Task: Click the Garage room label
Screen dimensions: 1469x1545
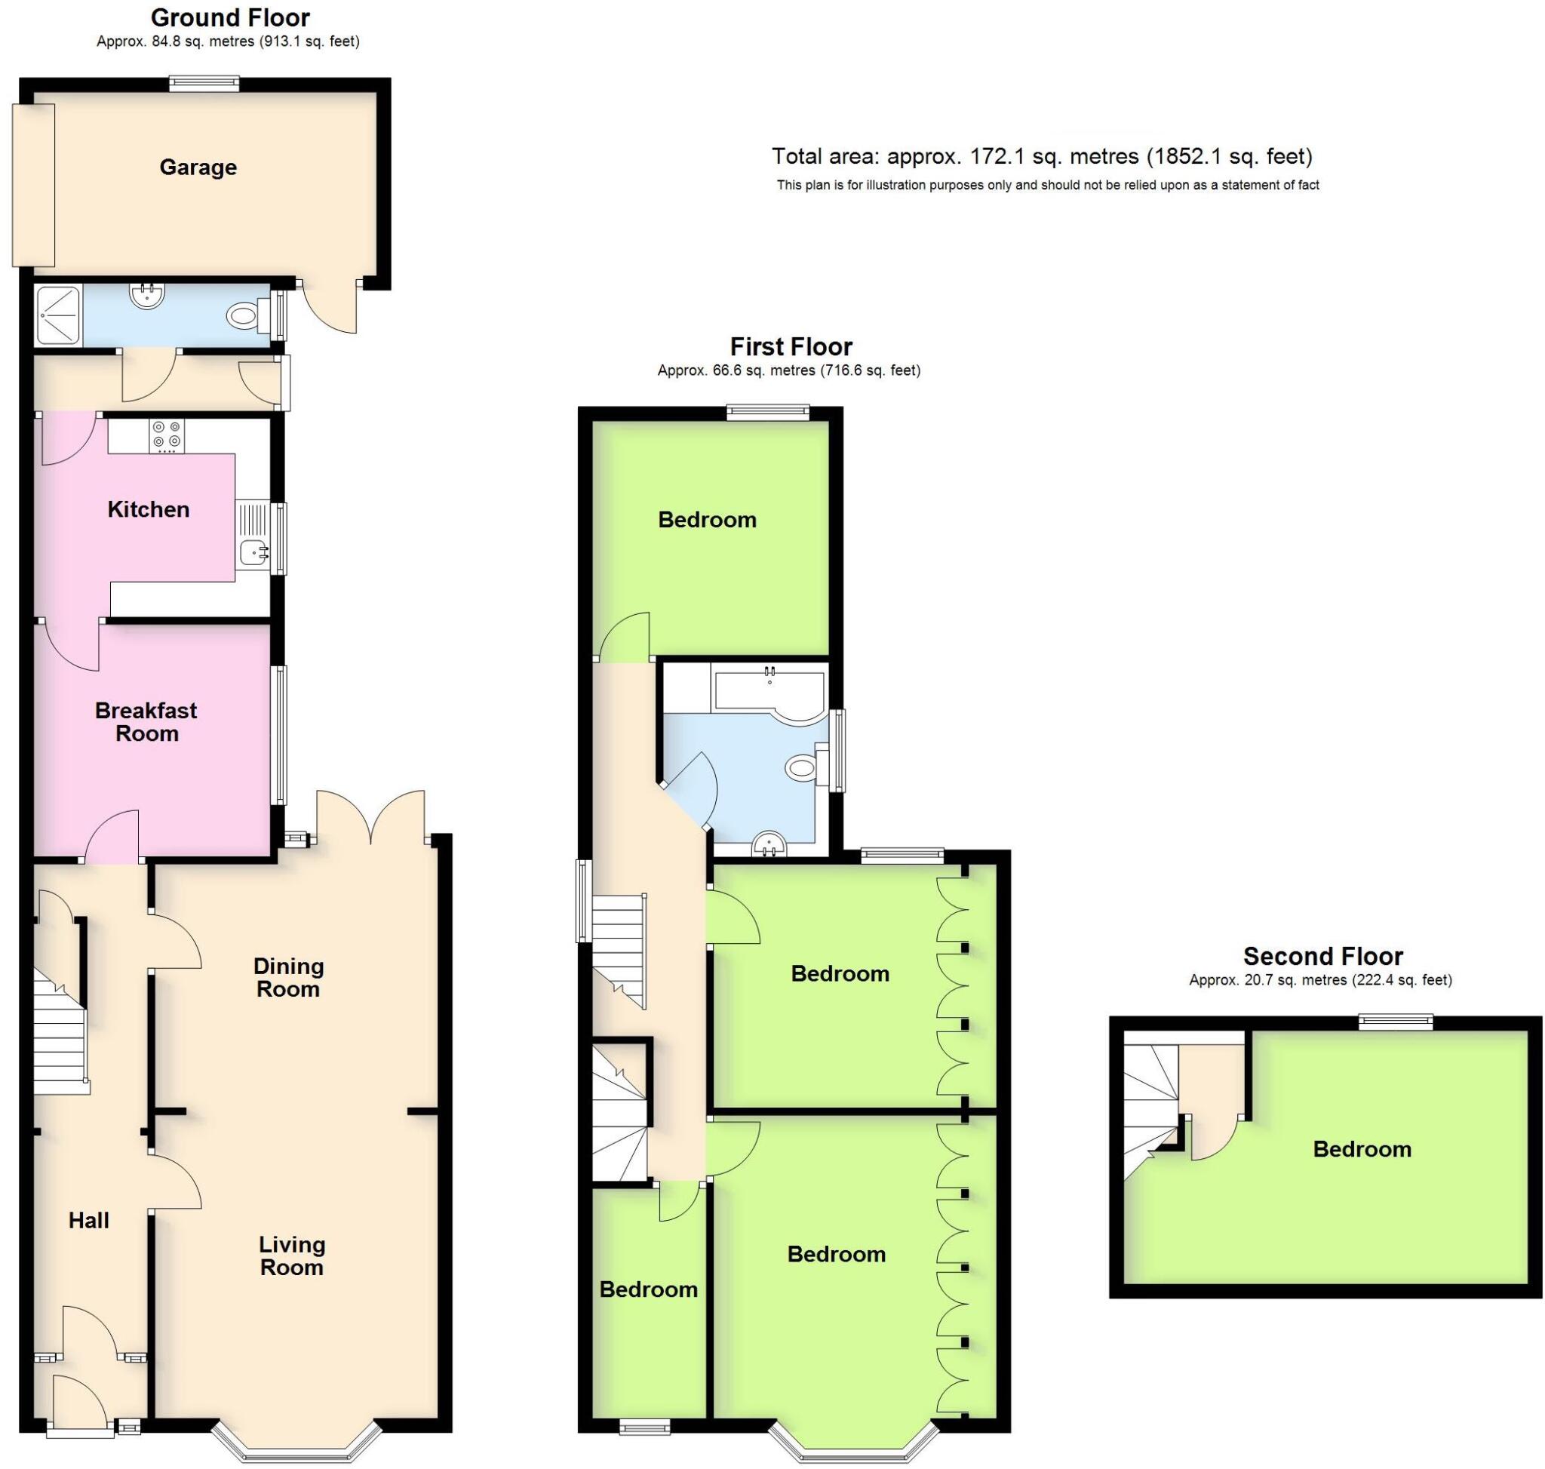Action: point(198,167)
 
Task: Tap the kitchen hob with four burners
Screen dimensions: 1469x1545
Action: point(167,437)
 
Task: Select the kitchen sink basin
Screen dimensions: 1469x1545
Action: point(252,552)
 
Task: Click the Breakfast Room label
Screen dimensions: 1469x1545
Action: point(146,721)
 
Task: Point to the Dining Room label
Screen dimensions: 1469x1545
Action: point(288,976)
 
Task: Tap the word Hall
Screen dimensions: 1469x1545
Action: point(88,1220)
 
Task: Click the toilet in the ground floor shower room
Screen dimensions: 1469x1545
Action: point(244,316)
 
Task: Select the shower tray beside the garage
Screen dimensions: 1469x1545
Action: point(58,315)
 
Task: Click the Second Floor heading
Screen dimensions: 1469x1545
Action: point(1322,956)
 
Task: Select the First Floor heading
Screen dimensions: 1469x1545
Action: point(791,346)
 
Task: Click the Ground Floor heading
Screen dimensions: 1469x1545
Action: point(230,17)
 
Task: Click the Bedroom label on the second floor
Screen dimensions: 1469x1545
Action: point(1362,1149)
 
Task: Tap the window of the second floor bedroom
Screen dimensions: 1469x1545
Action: point(1396,1021)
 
